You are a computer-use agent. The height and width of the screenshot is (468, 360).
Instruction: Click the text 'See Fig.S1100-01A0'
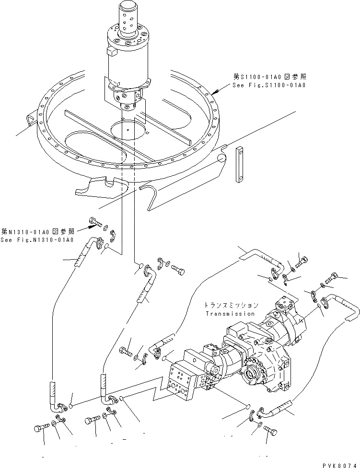(269, 85)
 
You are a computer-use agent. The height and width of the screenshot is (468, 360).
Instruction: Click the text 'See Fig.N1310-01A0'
(36, 240)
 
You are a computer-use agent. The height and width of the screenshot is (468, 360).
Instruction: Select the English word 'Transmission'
(230, 314)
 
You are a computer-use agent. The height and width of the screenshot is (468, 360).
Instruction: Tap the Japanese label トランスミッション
(231, 305)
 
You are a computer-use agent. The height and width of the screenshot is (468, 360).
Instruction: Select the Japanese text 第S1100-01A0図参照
(269, 77)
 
